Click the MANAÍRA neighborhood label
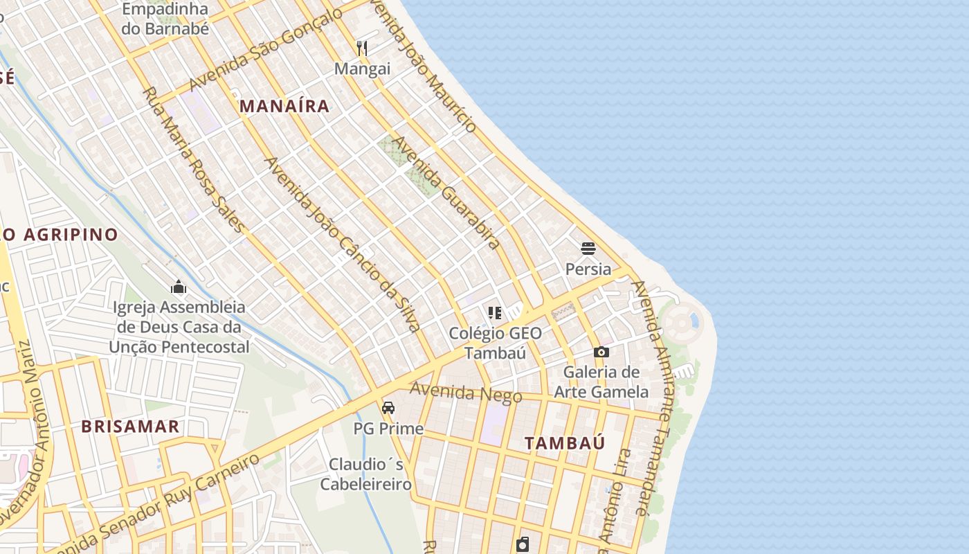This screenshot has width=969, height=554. click(284, 106)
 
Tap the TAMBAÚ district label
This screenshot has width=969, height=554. click(564, 443)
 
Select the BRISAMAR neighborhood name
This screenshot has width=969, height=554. click(130, 426)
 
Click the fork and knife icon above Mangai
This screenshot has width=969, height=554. click(362, 48)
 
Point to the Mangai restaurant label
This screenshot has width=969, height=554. click(362, 69)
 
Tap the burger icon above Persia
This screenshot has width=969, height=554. click(588, 248)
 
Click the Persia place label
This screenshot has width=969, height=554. click(588, 269)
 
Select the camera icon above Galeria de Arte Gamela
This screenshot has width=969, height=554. click(601, 352)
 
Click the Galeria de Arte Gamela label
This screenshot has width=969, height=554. click(601, 382)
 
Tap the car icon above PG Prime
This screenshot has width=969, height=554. click(388, 407)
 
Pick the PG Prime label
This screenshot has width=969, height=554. click(388, 429)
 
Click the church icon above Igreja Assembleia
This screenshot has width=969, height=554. click(179, 286)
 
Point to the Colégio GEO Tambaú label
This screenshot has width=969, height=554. click(495, 343)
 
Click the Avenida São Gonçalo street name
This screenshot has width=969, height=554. click(265, 50)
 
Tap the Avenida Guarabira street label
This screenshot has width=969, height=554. click(446, 192)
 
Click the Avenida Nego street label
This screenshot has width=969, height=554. click(465, 392)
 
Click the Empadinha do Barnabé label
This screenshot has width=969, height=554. click(165, 19)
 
